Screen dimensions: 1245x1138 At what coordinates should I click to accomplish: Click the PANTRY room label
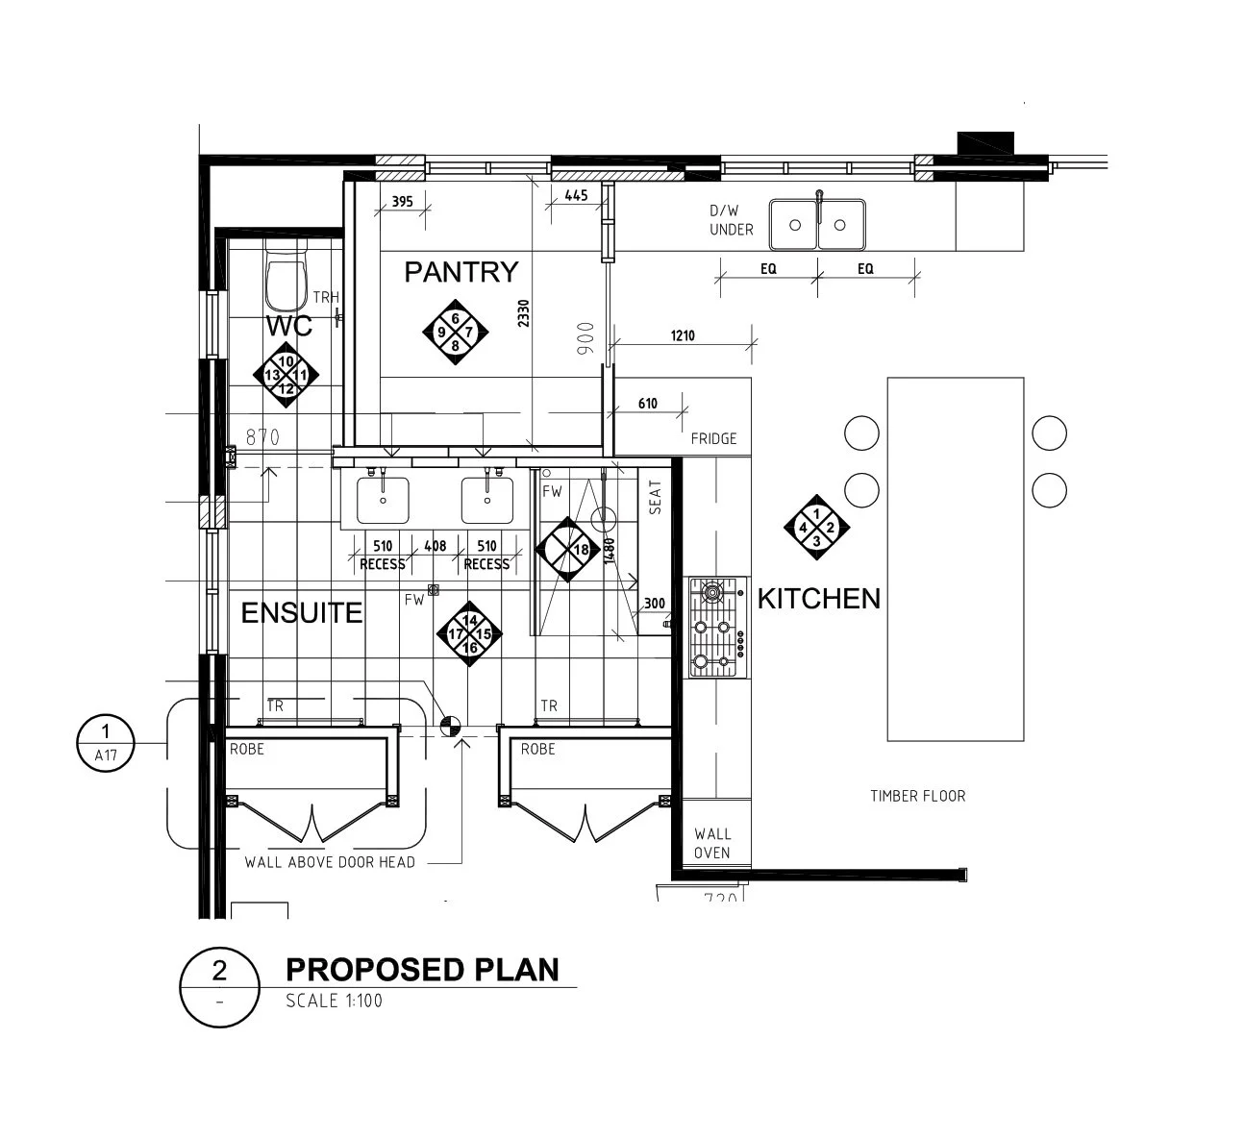pyautogui.click(x=461, y=272)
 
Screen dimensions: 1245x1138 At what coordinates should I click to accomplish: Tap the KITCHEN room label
pyautogui.click(x=819, y=599)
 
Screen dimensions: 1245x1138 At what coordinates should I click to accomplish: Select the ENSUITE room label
pyautogui.click(x=302, y=613)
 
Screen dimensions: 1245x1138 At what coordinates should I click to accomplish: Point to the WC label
pyautogui.click(x=288, y=326)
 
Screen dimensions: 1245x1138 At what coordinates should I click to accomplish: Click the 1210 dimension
pyautogui.click(x=683, y=335)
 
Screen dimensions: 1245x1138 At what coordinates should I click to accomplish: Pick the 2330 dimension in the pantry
pyautogui.click(x=524, y=313)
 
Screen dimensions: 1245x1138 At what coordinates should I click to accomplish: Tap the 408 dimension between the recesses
pyautogui.click(x=436, y=546)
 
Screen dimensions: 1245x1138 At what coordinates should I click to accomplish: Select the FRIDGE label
pyautogui.click(x=713, y=438)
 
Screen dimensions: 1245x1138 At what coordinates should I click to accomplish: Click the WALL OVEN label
pyautogui.click(x=712, y=843)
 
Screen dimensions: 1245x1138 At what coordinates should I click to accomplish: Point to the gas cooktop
pyautogui.click(x=717, y=628)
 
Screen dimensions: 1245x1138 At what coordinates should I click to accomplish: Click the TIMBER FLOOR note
pyautogui.click(x=918, y=796)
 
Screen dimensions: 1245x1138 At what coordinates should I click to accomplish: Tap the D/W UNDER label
pyautogui.click(x=731, y=220)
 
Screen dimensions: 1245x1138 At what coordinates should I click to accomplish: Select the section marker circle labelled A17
pyautogui.click(x=106, y=743)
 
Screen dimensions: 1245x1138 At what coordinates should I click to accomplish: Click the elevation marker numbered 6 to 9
pyautogui.click(x=455, y=332)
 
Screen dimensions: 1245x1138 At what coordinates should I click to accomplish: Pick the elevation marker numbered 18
pyautogui.click(x=567, y=550)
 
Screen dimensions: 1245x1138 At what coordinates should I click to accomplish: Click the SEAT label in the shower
pyautogui.click(x=655, y=497)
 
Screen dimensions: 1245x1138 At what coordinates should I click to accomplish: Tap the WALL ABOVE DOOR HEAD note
pyautogui.click(x=330, y=862)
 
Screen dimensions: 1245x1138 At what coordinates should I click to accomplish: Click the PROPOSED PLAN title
pyautogui.click(x=422, y=970)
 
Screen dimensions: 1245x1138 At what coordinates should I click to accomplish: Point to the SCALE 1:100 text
pyautogui.click(x=334, y=1001)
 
